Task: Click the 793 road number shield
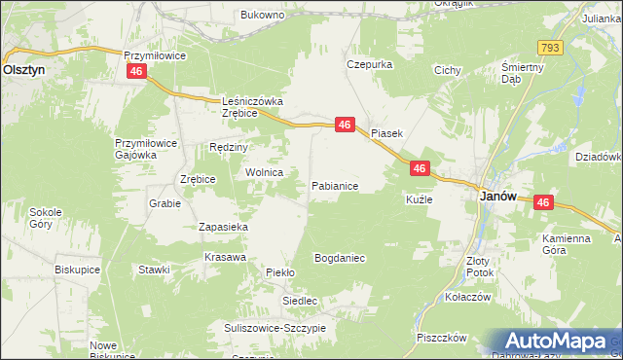click(x=551, y=47)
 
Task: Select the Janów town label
click(x=498, y=197)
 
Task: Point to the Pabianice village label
click(x=335, y=185)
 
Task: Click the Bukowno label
click(x=262, y=16)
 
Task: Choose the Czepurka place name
click(x=369, y=64)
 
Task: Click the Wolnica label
click(x=264, y=172)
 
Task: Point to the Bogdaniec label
click(x=339, y=259)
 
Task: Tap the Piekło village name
click(x=280, y=273)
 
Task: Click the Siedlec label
click(x=301, y=302)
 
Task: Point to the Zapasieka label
click(x=224, y=227)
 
